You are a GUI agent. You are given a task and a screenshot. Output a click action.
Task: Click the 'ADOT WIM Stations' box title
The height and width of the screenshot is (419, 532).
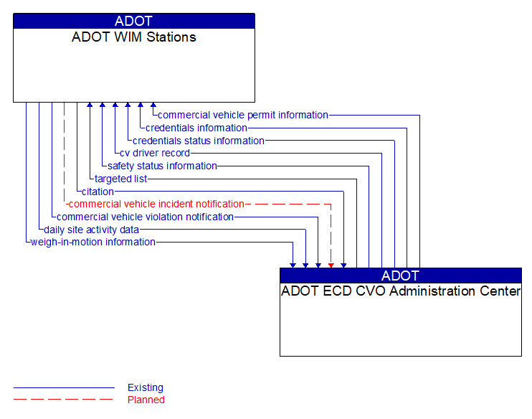pyautogui.click(x=134, y=37)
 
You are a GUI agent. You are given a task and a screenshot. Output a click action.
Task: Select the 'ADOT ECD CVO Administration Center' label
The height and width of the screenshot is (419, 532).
pyautogui.click(x=401, y=291)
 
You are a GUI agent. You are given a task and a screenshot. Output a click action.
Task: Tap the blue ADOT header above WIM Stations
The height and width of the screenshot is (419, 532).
pyautogui.click(x=134, y=21)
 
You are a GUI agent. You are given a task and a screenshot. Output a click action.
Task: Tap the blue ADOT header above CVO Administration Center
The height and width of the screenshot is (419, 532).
pyautogui.click(x=401, y=276)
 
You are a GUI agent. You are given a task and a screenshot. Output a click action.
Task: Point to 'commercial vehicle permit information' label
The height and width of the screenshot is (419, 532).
pyautogui.click(x=242, y=115)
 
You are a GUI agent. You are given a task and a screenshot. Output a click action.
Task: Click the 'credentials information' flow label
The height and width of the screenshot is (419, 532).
pyautogui.click(x=196, y=128)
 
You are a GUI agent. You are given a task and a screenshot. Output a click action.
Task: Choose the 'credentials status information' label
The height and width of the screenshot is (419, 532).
pyautogui.click(x=198, y=141)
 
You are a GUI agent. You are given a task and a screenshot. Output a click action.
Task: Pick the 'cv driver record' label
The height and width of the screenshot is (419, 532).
pyautogui.click(x=155, y=153)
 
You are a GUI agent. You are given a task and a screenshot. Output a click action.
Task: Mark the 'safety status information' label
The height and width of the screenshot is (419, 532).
pyautogui.click(x=162, y=166)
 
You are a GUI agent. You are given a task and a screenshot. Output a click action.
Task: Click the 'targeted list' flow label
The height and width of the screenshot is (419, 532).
pyautogui.click(x=120, y=179)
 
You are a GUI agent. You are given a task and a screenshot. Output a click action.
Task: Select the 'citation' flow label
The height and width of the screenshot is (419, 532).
pyautogui.click(x=98, y=192)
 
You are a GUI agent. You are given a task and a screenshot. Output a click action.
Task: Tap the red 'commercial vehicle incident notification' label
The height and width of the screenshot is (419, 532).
pyautogui.click(x=156, y=204)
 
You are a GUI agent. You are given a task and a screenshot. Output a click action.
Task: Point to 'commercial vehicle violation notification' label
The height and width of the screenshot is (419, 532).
pyautogui.click(x=145, y=217)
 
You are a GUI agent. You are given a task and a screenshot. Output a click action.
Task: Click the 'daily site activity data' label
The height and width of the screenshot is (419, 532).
pyautogui.click(x=91, y=230)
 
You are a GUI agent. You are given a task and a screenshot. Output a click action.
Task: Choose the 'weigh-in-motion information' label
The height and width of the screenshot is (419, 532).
pyautogui.click(x=93, y=242)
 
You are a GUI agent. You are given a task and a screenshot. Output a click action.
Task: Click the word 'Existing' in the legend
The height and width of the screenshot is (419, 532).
pyautogui.click(x=146, y=387)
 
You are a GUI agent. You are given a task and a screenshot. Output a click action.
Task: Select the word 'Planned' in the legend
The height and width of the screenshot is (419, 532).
pyautogui.click(x=146, y=400)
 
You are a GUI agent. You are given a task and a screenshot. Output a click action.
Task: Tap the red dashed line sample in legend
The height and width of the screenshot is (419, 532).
pyautogui.click(x=63, y=400)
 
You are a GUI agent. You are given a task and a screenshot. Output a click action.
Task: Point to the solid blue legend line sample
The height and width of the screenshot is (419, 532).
pyautogui.click(x=63, y=387)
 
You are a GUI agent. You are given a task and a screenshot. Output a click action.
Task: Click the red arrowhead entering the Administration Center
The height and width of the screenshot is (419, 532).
pyautogui.click(x=331, y=265)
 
